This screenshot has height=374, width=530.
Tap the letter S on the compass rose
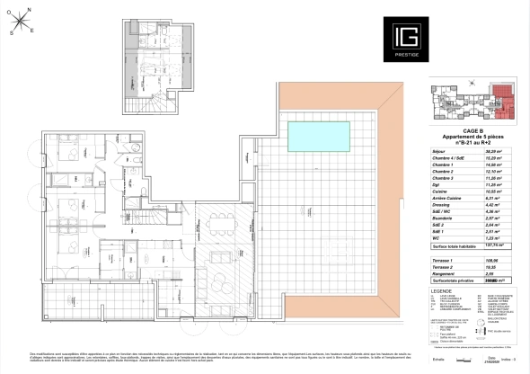[x=11, y=33]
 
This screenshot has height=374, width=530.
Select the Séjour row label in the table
[x=440, y=152]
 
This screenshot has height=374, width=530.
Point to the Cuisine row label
[x=441, y=191]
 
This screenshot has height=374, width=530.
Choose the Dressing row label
[x=443, y=205]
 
